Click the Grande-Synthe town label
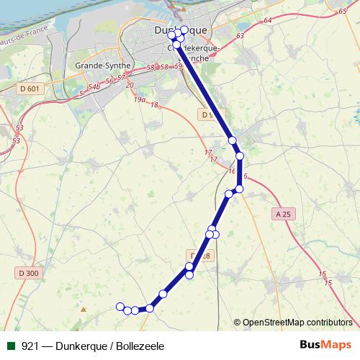point(103,65)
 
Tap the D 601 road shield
point(28,89)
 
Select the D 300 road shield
point(28,273)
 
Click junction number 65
point(341,12)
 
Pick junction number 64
point(268,21)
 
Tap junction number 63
point(240,35)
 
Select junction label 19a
point(140,101)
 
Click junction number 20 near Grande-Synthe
point(130,86)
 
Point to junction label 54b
point(93,87)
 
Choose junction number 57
point(122,77)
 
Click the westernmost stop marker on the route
point(120,307)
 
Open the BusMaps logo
point(326,346)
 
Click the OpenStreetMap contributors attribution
point(297,322)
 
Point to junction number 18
point(154,105)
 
